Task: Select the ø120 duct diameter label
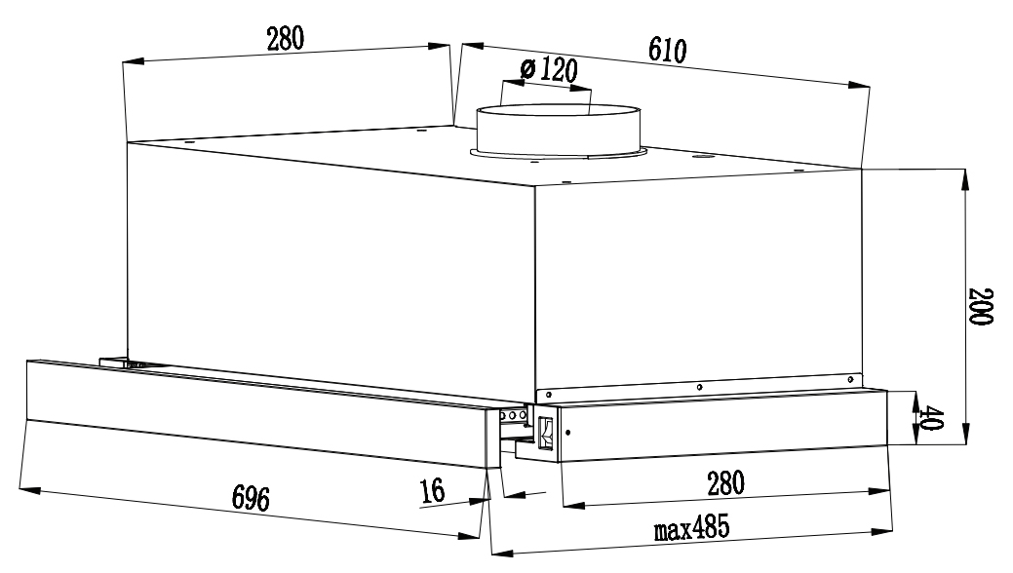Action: [x=549, y=70]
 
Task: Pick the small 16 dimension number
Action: [x=431, y=490]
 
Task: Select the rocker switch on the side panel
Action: [x=545, y=433]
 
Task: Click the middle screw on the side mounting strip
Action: [x=700, y=386]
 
